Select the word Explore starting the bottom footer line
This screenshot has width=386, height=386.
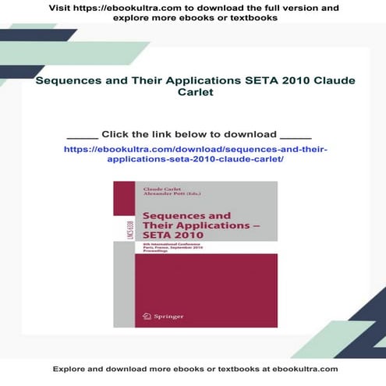[70, 368]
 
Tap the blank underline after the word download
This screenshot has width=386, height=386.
[295, 135]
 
